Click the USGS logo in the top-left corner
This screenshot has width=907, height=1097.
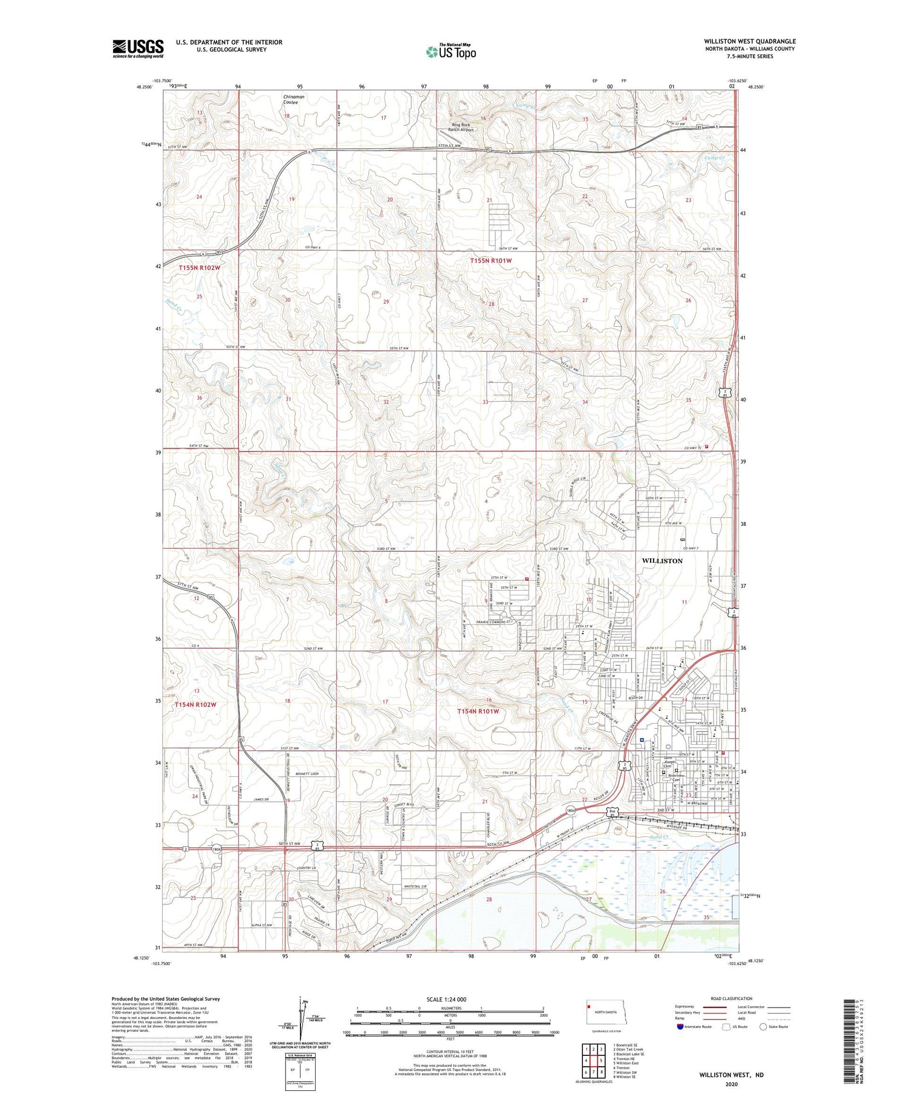[x=138, y=48]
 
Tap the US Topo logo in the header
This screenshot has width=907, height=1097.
[x=451, y=51]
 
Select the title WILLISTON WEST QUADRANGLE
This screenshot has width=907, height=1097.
[x=749, y=42]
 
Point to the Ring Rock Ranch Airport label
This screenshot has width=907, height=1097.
[x=463, y=127]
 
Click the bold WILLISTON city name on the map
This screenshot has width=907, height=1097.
[x=662, y=561]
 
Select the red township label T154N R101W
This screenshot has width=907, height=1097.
[x=478, y=712]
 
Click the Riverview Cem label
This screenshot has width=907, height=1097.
[x=675, y=778]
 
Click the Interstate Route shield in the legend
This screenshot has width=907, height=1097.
[x=680, y=1026]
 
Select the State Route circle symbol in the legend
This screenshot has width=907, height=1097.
[x=763, y=1026]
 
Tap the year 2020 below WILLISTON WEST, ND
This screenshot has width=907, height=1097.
[x=730, y=1085]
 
